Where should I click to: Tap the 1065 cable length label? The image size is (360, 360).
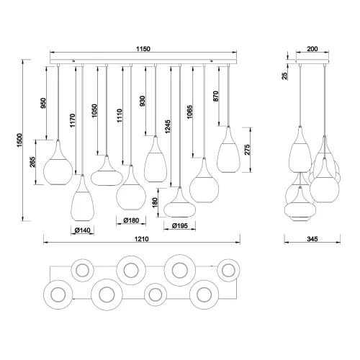tap(190, 115)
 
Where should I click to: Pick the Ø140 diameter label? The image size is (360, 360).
tap(82, 230)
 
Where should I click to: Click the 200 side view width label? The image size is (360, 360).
tap(311, 48)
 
